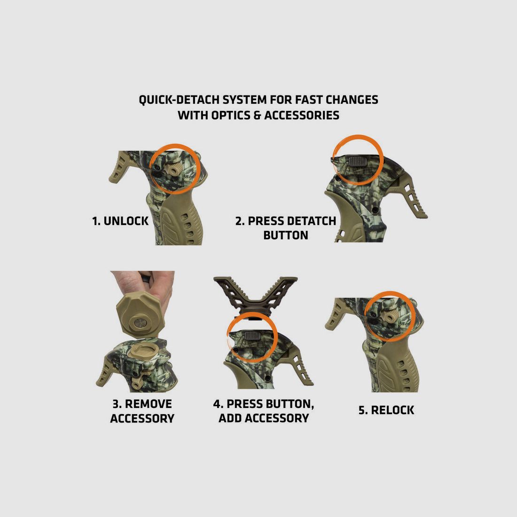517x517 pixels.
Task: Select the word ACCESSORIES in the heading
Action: click(302, 115)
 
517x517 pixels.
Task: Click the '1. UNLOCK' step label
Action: click(120, 221)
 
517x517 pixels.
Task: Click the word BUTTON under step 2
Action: click(286, 235)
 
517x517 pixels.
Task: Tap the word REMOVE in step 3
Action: click(149, 404)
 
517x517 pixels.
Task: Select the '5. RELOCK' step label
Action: click(386, 410)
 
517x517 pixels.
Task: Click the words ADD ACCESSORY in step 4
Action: click(264, 418)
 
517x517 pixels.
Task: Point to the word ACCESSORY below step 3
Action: click(142, 418)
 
